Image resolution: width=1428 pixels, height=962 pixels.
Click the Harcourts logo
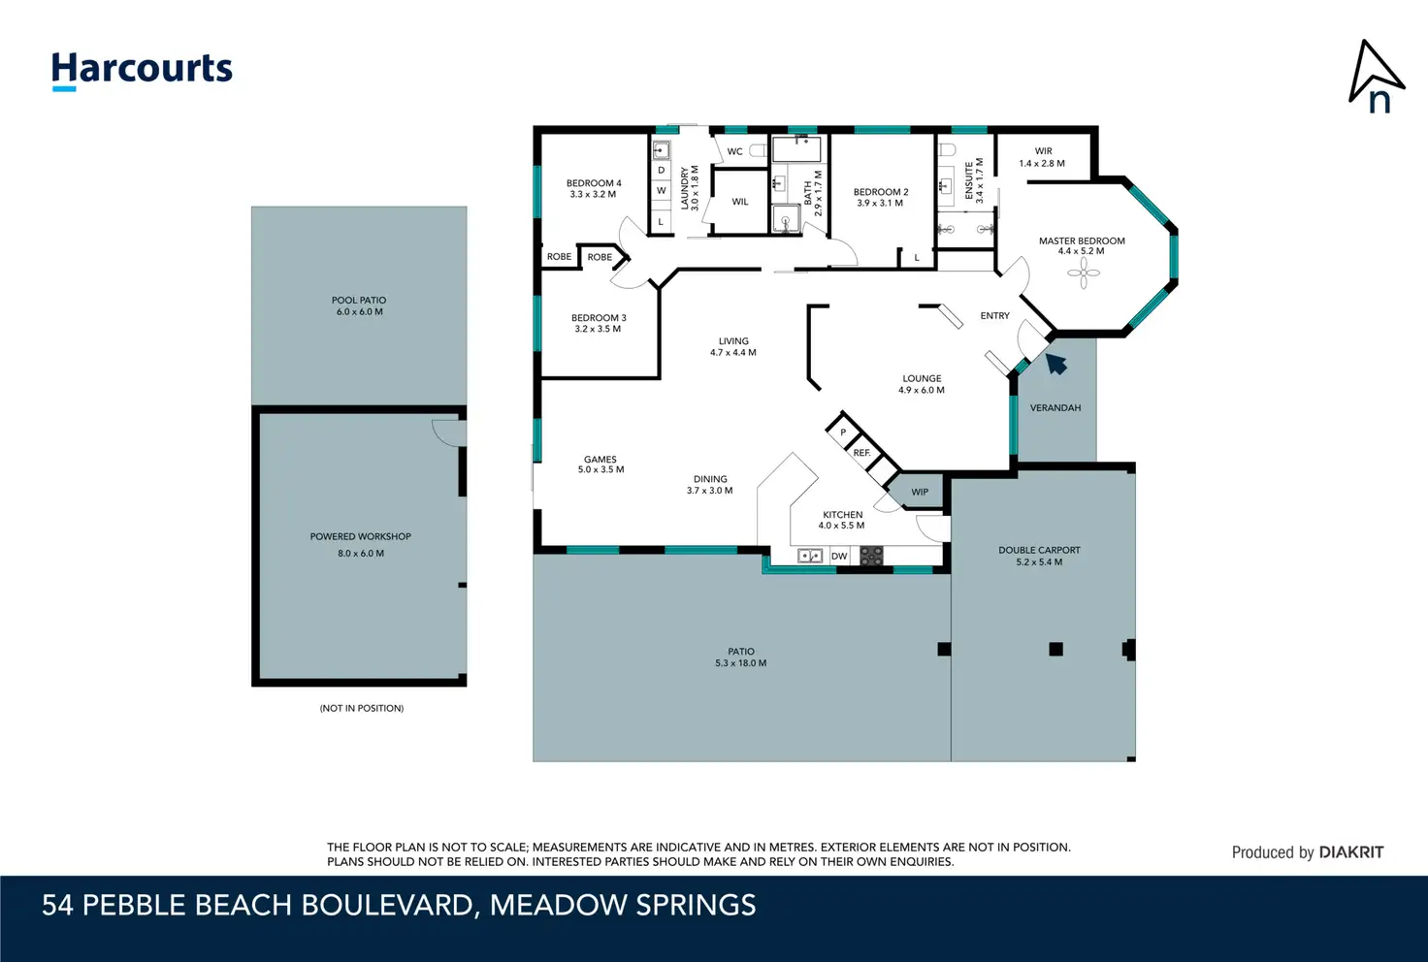click(142, 70)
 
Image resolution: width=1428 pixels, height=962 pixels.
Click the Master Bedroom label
click(1082, 240)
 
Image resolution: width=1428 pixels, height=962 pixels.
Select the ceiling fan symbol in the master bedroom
click(1083, 273)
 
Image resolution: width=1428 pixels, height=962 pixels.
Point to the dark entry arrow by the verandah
click(1055, 364)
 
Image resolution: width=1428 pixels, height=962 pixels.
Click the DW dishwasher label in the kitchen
click(839, 557)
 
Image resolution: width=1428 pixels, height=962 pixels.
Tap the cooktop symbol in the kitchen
click(871, 556)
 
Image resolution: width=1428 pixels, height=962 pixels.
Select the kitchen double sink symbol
click(810, 557)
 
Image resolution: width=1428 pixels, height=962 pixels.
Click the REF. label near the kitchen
click(861, 452)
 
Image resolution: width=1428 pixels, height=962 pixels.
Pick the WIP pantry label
click(920, 492)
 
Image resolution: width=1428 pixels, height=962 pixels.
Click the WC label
click(734, 151)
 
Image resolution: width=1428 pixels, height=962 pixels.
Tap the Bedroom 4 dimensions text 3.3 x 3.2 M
click(593, 194)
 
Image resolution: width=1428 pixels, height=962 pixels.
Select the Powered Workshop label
click(360, 536)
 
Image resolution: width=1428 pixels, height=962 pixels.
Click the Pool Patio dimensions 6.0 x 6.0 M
click(360, 311)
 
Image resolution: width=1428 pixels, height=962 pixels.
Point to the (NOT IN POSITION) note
click(362, 708)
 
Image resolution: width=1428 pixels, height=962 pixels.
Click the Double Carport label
click(1039, 550)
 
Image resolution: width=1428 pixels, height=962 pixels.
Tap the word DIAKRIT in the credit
click(1350, 852)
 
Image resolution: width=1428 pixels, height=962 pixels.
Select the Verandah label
click(1055, 407)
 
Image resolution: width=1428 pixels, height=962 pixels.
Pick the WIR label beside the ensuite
click(1043, 151)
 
